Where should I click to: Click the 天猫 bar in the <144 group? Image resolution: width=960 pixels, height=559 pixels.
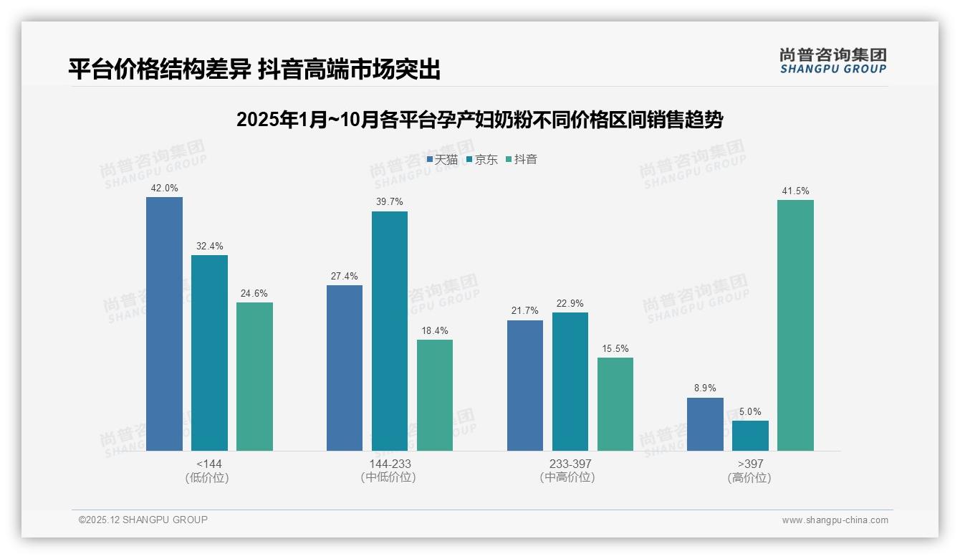pyautogui.click(x=164, y=324)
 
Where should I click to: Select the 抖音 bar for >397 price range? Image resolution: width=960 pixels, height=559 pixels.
pyautogui.click(x=795, y=325)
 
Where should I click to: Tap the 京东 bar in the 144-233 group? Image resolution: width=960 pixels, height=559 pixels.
pyautogui.click(x=389, y=331)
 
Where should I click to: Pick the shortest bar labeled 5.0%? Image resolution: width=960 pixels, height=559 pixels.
pyautogui.click(x=750, y=436)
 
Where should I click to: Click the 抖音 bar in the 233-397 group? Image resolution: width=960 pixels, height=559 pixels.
pyautogui.click(x=615, y=404)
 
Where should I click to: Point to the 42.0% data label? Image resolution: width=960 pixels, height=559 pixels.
pyautogui.click(x=164, y=188)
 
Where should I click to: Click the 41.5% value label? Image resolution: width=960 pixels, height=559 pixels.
pyautogui.click(x=795, y=191)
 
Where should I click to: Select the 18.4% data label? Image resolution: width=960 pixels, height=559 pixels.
pyautogui.click(x=435, y=331)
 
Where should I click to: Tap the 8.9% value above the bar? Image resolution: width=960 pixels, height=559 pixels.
pyautogui.click(x=705, y=388)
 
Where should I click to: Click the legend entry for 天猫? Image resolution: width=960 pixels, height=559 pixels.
pyautogui.click(x=442, y=160)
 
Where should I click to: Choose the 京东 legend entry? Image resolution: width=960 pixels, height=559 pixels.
pyautogui.click(x=482, y=160)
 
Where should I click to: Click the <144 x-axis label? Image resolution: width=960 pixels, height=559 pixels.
pyautogui.click(x=209, y=464)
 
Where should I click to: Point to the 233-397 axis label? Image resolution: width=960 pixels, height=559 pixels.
pyautogui.click(x=570, y=464)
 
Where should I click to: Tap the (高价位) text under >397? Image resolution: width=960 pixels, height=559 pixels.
pyautogui.click(x=750, y=478)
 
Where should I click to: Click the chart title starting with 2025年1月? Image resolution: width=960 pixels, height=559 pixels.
pyautogui.click(x=479, y=120)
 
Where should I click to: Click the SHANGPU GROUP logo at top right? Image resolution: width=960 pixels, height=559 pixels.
pyautogui.click(x=832, y=61)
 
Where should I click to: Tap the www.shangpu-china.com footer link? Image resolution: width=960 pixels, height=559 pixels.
pyautogui.click(x=835, y=520)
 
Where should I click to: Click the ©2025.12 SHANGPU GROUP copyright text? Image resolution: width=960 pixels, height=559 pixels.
pyautogui.click(x=143, y=520)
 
